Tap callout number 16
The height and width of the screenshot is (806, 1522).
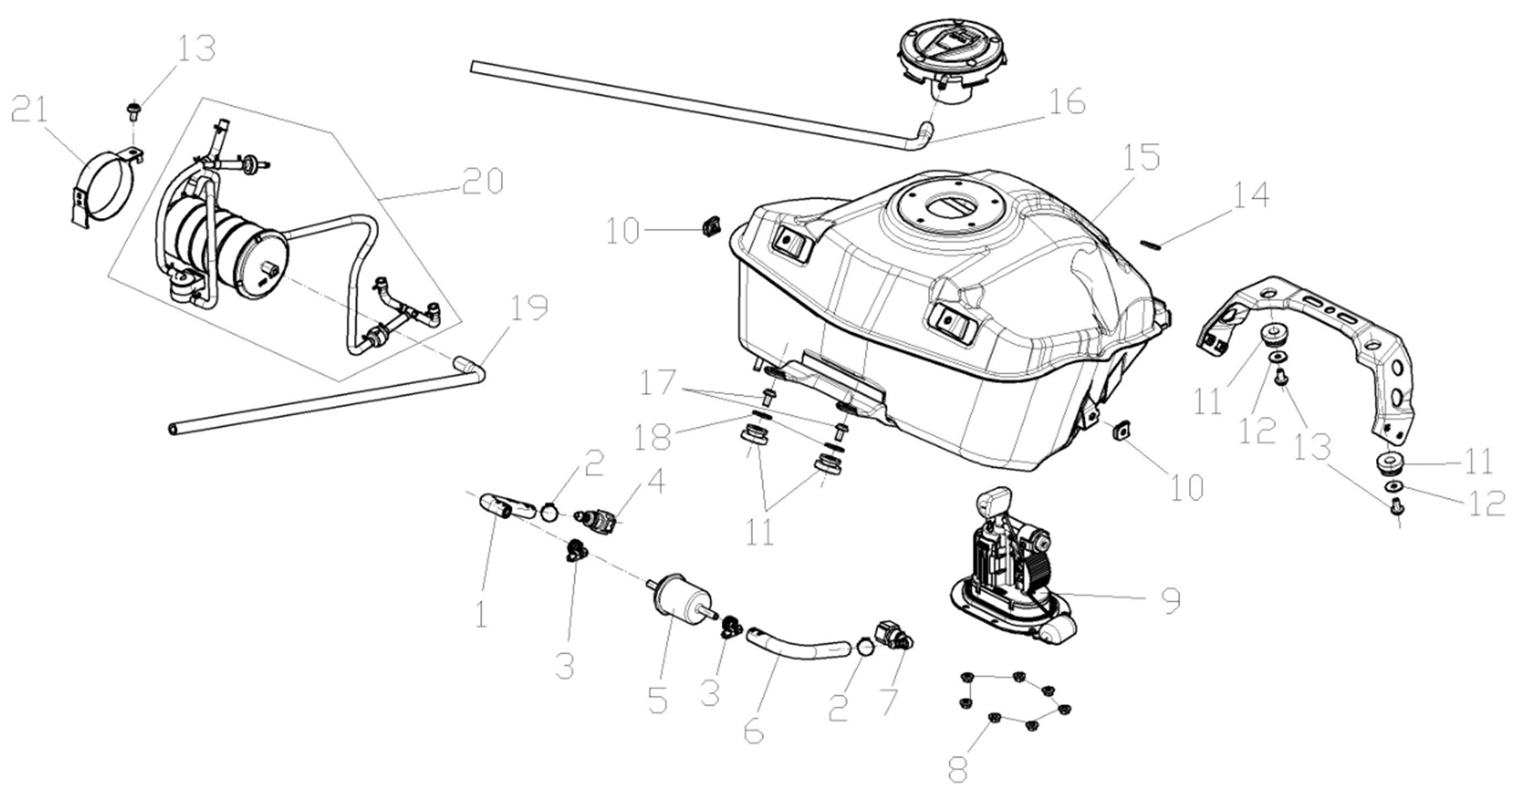coord(1067,103)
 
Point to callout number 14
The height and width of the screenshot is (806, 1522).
coord(1251,196)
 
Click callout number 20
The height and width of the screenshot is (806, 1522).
coord(484,182)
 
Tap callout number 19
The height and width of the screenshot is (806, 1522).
coord(528,308)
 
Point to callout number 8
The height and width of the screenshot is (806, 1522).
coord(957,768)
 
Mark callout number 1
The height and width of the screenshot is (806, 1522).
coord(481,614)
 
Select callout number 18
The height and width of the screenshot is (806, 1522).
coord(654,437)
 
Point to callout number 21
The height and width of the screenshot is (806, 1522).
coord(31,109)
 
